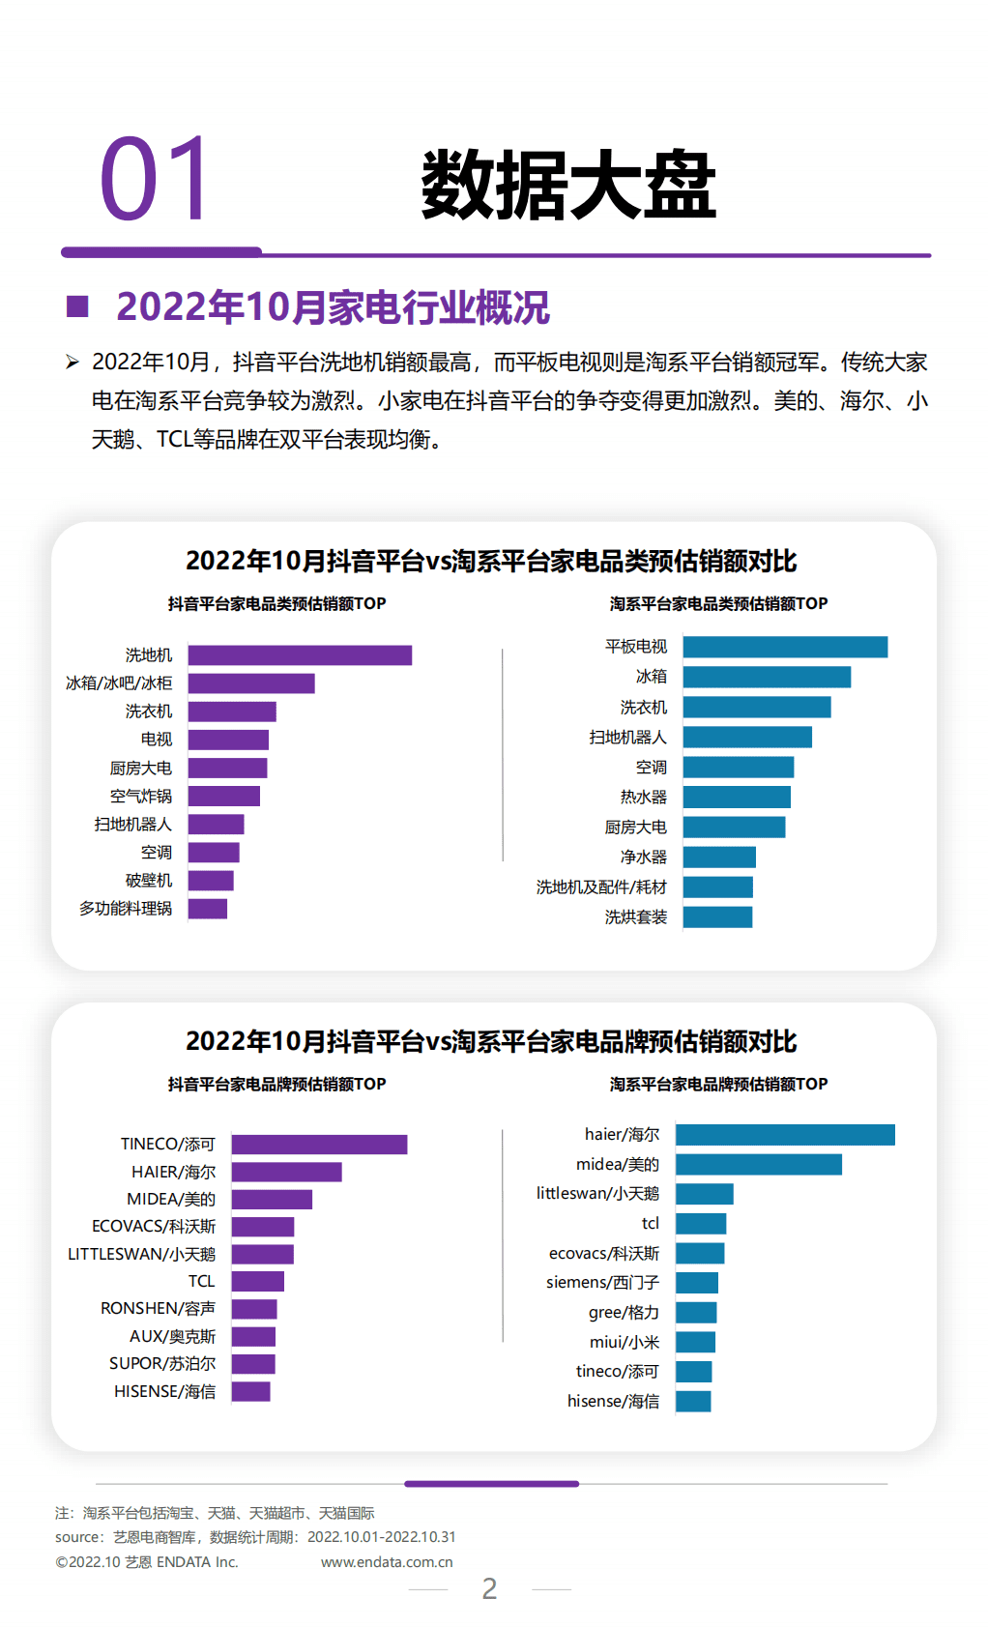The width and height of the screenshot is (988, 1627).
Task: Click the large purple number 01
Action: pyautogui.click(x=155, y=180)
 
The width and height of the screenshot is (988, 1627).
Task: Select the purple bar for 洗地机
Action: pyautogui.click(x=300, y=655)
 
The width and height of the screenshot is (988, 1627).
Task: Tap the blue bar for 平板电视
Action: pyautogui.click(x=785, y=647)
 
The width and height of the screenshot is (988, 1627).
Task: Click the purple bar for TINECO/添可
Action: pyautogui.click(x=319, y=1145)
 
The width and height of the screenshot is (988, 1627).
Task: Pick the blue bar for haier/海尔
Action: pyautogui.click(x=785, y=1135)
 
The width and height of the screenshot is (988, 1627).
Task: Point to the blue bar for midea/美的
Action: pyautogui.click(x=759, y=1165)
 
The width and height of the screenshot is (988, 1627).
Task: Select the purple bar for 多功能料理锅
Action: pyautogui.click(x=208, y=909)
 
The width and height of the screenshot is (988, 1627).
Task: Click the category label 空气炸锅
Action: pyautogui.click(x=141, y=797)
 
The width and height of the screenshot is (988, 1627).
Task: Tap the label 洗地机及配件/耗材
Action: pyautogui.click(x=601, y=887)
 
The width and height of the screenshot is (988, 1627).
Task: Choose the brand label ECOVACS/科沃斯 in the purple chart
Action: pyautogui.click(x=154, y=1227)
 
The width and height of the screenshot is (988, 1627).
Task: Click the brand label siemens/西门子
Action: pyautogui.click(x=602, y=1283)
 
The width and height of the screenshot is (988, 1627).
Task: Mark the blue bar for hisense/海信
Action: pyautogui.click(x=693, y=1402)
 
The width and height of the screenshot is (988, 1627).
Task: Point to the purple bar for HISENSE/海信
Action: pyautogui.click(x=250, y=1392)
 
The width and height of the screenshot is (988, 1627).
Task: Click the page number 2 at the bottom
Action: pyautogui.click(x=489, y=1589)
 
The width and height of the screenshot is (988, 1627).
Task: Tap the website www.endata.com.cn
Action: pyautogui.click(x=387, y=1562)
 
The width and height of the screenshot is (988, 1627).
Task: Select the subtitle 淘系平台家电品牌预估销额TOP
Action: pyautogui.click(x=718, y=1085)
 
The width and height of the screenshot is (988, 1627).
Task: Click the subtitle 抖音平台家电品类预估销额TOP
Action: pyautogui.click(x=276, y=604)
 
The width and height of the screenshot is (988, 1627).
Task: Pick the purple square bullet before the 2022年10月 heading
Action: pyautogui.click(x=77, y=306)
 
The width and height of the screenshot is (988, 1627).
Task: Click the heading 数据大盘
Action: pyautogui.click(x=568, y=185)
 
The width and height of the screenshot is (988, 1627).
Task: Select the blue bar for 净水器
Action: pyautogui.click(x=719, y=857)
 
